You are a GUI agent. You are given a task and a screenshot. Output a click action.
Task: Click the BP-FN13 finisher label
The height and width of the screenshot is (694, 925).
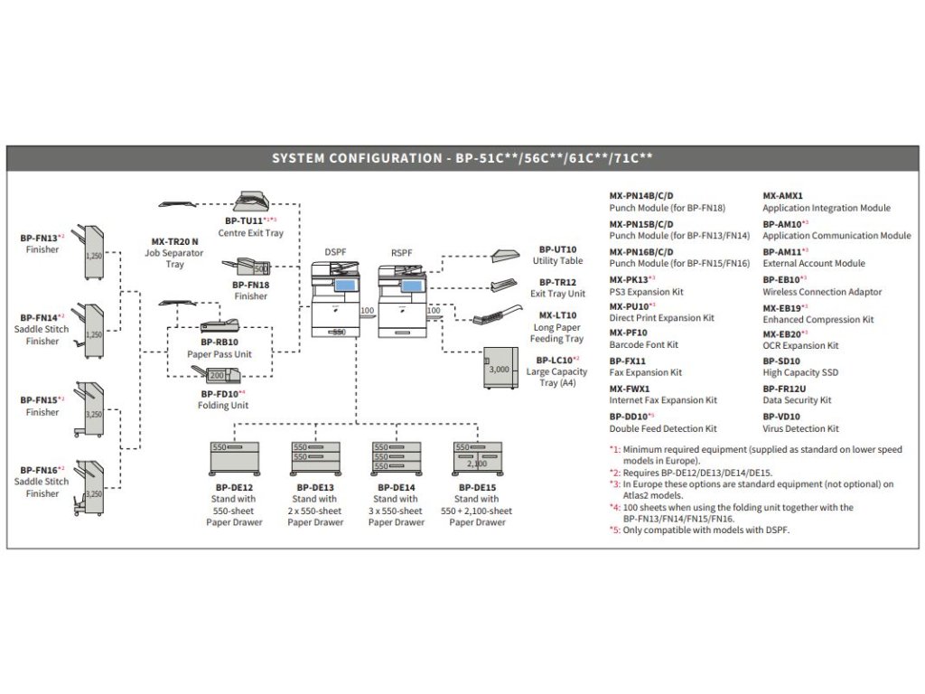click(x=40, y=239)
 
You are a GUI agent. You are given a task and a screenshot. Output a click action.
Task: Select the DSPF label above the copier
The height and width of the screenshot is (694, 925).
click(x=335, y=253)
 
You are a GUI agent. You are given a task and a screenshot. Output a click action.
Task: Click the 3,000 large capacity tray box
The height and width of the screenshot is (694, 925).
click(x=500, y=370)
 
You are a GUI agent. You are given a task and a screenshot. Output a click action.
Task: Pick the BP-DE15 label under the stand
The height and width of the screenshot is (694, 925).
click(x=476, y=488)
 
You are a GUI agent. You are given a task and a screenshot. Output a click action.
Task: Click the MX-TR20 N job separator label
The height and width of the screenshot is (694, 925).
click(x=174, y=242)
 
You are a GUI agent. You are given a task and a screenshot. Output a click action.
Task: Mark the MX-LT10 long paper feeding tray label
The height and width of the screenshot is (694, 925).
click(x=557, y=315)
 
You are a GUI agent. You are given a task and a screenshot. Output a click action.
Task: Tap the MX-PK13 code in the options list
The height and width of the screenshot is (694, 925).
click(x=630, y=279)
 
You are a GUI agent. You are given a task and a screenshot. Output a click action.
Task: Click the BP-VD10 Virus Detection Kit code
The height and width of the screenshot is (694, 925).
click(x=781, y=417)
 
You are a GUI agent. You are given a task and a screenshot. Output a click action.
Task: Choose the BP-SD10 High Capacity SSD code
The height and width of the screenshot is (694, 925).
click(x=781, y=361)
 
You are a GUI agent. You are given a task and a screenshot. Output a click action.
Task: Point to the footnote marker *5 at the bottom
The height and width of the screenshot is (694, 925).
click(x=614, y=530)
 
